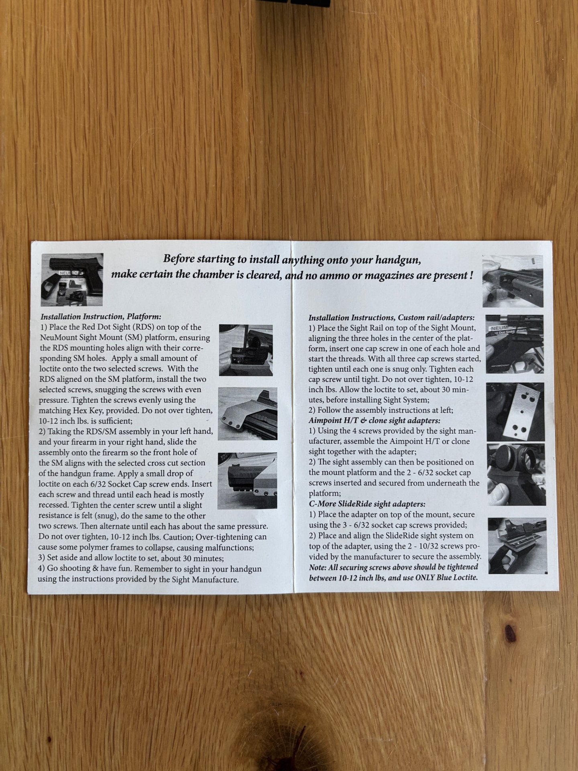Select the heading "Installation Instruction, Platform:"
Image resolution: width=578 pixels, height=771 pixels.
pos(101,317)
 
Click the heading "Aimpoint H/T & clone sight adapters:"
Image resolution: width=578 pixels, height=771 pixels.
pos(374,420)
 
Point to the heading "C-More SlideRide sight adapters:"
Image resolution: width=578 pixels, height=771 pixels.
pos(367,504)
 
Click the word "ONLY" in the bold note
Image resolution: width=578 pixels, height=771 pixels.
pos(416,577)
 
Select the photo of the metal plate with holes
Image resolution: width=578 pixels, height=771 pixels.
pos(515,412)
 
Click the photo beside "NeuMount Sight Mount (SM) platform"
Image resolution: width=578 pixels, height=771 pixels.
pos(246,350)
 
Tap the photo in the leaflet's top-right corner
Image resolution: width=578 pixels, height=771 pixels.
pos(513,281)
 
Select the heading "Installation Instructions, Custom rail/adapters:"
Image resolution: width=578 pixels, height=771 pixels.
pos(392,317)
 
